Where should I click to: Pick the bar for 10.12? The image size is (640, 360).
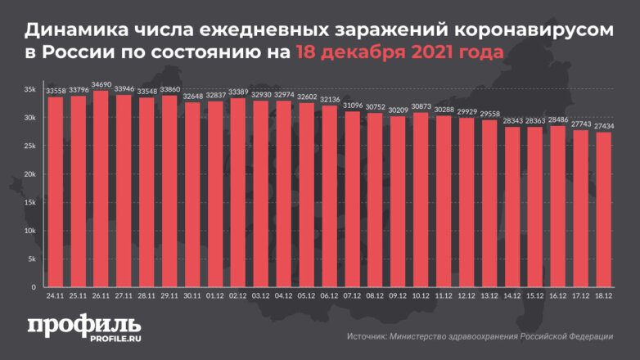tap(421, 200)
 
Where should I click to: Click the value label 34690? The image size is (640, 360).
tap(101, 85)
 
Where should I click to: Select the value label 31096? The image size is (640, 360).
tap(353, 106)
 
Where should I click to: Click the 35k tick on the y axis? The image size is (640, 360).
tap(29, 89)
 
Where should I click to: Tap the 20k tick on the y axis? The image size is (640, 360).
tap(29, 174)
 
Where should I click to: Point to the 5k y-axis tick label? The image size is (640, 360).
tap(31, 259)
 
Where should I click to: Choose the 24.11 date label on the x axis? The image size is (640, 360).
tap(56, 297)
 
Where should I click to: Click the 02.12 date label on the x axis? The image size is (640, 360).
tap(238, 297)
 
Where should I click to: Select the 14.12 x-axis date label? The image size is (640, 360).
tap(512, 297)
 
